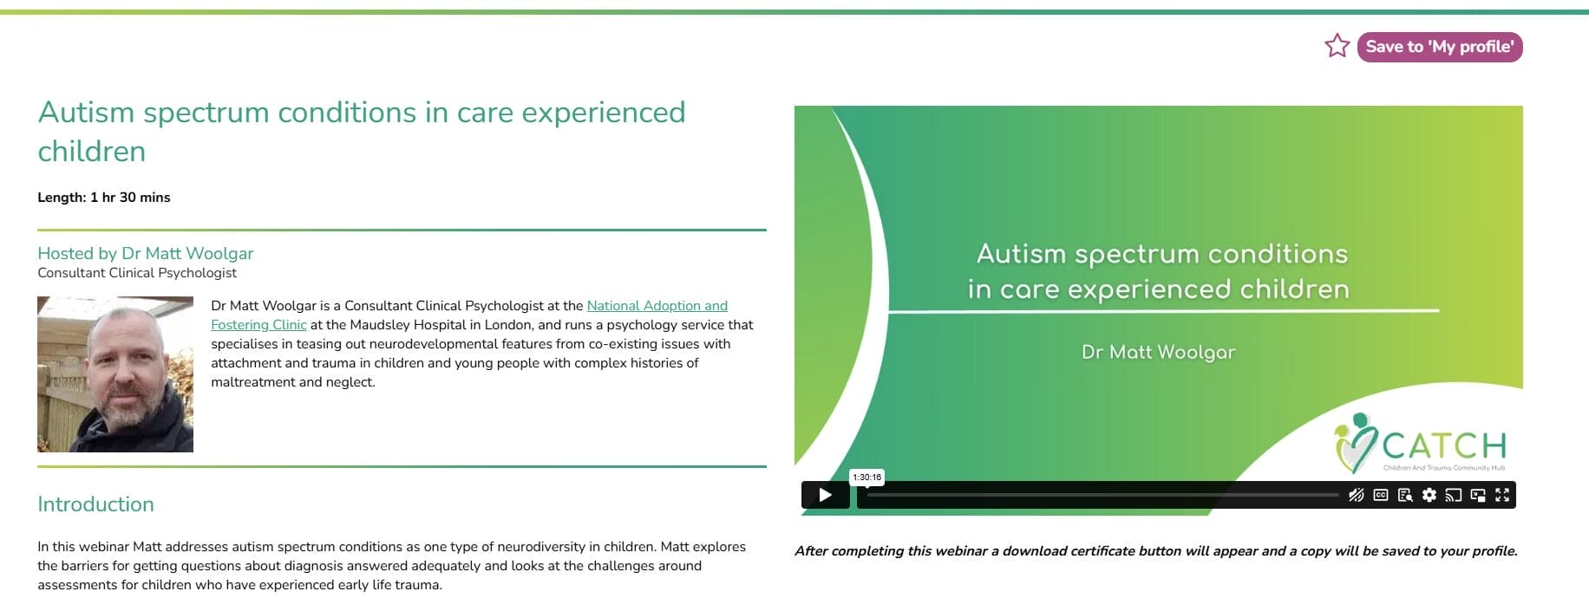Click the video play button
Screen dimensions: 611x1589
pos(825,495)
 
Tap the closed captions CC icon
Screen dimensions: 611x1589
pos(1381,495)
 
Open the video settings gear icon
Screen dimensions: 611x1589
pos(1429,495)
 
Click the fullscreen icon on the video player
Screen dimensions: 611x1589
pos(1502,495)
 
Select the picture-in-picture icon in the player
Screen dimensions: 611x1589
pos(1478,495)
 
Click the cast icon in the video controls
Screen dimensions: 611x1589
pos(1454,495)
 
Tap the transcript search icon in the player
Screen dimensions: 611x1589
pos(1405,495)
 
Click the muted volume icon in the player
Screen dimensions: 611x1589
pos(1356,495)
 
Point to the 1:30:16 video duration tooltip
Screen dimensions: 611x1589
pos(866,477)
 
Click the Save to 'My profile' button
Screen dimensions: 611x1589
pos(1440,47)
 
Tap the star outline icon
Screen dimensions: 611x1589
pos(1337,46)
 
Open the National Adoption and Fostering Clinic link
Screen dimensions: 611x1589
pos(657,306)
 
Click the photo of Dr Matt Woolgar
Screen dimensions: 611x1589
pos(115,374)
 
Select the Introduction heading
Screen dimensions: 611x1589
pos(95,504)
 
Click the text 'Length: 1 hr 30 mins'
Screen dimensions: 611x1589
pos(104,198)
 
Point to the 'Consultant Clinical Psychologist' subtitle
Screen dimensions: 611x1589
pos(137,273)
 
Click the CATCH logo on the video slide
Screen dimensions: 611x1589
pos(1422,444)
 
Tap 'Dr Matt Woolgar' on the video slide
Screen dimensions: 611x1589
pos(1158,352)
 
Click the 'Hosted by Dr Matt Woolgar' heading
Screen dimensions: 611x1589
pos(146,253)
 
